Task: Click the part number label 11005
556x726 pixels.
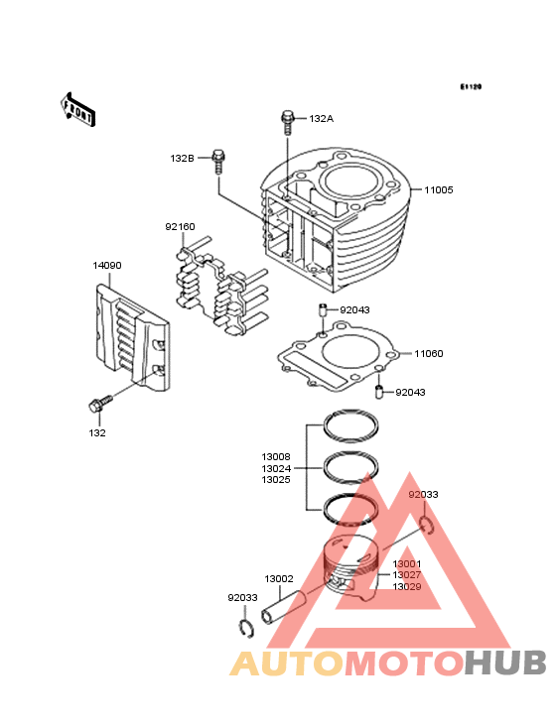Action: tap(438, 189)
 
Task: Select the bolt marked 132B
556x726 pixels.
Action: tap(218, 161)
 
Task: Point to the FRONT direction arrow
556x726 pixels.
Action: tap(77, 109)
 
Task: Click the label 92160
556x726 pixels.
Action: tap(181, 227)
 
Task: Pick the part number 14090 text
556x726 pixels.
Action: tap(107, 265)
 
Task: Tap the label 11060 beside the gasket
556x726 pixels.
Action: tap(429, 354)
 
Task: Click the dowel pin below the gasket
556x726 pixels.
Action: tap(378, 392)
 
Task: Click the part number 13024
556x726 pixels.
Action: tap(276, 468)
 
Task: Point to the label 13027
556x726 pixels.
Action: tap(407, 575)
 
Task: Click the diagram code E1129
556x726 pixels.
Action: tap(471, 86)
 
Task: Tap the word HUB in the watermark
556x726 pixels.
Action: tap(505, 663)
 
